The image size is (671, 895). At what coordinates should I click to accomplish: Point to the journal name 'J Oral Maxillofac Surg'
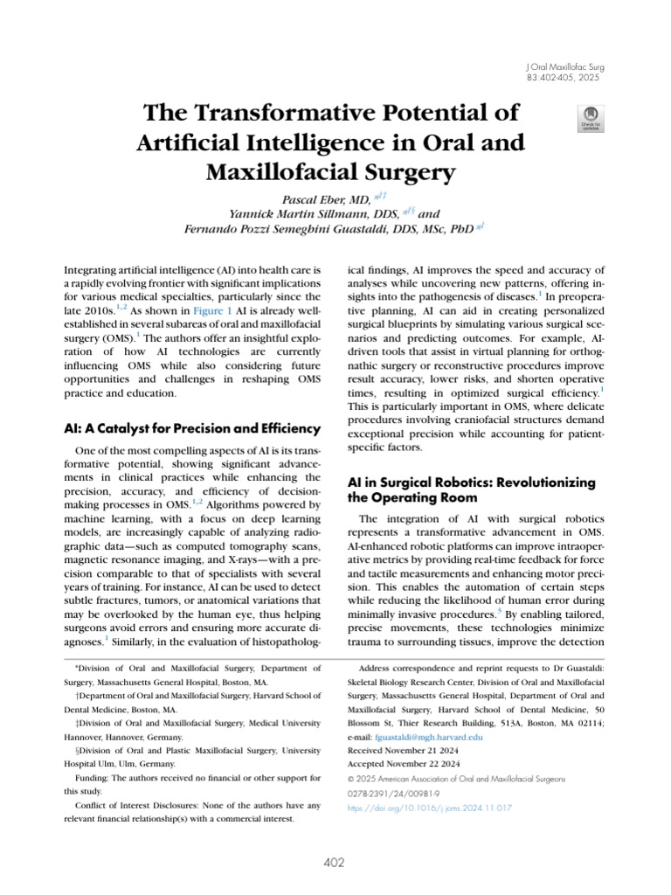tap(566, 66)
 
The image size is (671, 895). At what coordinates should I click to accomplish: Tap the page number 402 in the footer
tap(335, 863)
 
